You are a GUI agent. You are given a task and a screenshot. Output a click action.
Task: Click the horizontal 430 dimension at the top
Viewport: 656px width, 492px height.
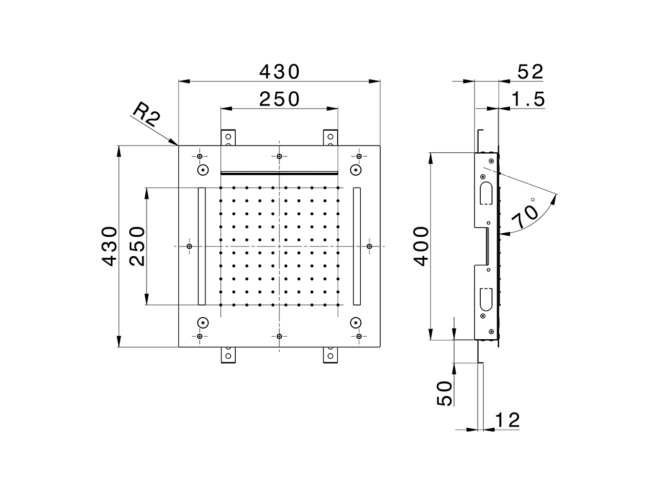(x=279, y=72)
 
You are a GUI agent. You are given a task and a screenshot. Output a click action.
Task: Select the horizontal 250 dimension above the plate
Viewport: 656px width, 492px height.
(x=279, y=99)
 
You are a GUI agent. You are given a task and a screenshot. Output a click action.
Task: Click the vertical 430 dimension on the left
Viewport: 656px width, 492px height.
(x=109, y=246)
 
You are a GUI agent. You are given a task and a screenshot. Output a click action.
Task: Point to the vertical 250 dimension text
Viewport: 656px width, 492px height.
(x=137, y=246)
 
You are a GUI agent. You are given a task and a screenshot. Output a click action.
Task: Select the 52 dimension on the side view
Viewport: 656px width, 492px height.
(x=529, y=72)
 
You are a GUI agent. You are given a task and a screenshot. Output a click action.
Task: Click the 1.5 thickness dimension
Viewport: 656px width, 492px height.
(x=528, y=99)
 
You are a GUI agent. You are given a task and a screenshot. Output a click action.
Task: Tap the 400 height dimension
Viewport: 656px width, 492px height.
(x=421, y=246)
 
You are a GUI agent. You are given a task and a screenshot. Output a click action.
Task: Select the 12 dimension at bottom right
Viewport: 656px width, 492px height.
(x=508, y=420)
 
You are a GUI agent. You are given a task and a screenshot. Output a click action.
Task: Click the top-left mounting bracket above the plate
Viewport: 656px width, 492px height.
(x=229, y=138)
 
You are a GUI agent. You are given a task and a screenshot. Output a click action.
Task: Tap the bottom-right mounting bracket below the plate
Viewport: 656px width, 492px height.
(x=331, y=355)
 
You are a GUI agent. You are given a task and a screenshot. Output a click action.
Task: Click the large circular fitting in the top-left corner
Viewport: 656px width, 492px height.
(x=203, y=170)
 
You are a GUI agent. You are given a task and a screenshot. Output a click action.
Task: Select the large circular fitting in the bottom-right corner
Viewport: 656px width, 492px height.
(x=355, y=322)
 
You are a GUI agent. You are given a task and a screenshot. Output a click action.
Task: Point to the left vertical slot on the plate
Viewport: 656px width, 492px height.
(x=201, y=246)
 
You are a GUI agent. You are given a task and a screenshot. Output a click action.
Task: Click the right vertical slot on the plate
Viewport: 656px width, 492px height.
(x=357, y=246)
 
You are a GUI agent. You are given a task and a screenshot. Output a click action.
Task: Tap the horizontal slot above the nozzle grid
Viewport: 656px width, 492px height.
(x=279, y=173)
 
